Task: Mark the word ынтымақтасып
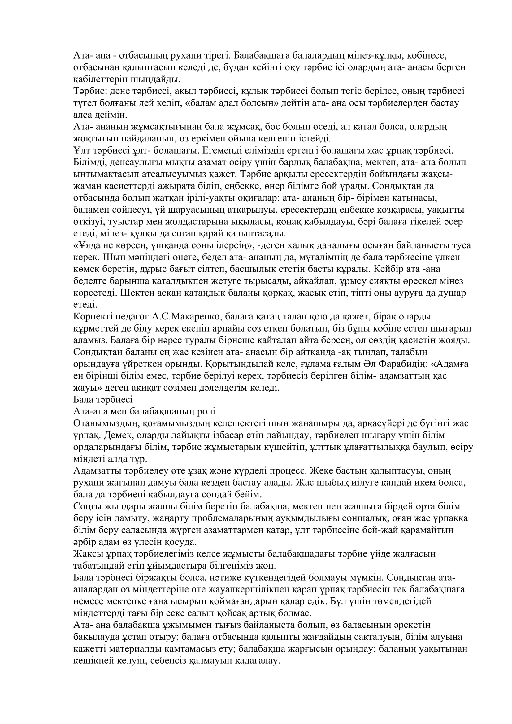point(106,174)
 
